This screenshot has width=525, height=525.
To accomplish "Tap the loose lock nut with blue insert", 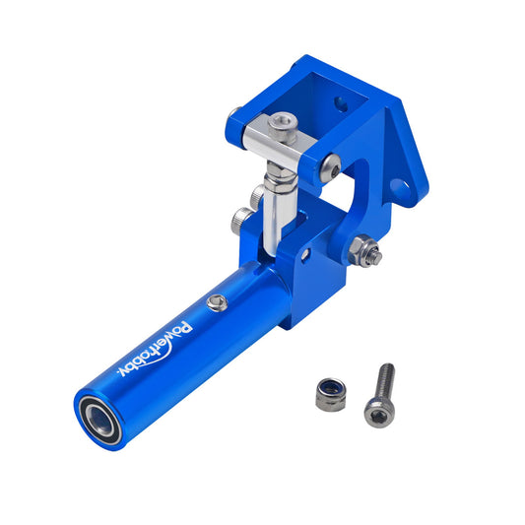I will tap(329, 393).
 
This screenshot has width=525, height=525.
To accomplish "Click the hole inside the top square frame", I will tap(341, 100).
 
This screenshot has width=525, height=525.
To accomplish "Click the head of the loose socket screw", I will tap(375, 412).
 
